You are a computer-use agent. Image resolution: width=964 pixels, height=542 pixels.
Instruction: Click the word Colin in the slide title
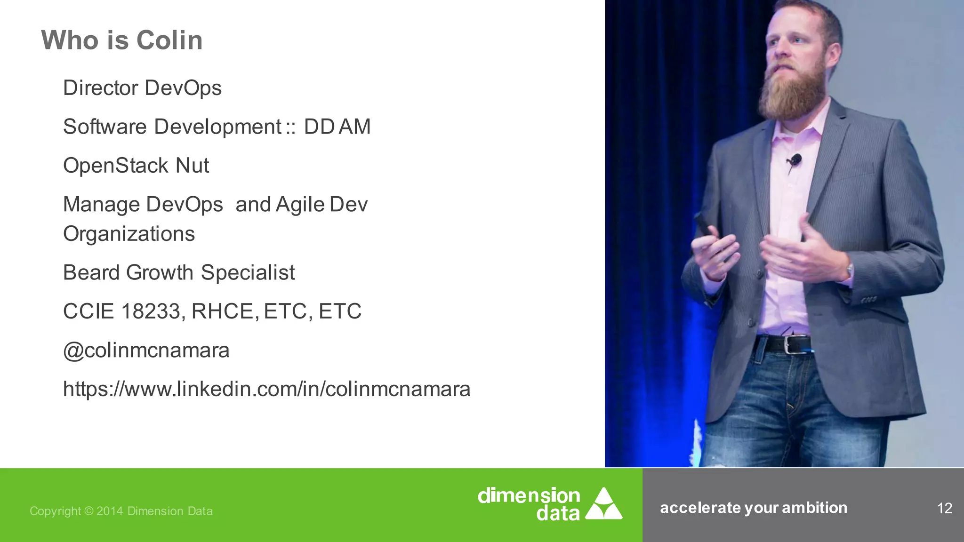pyautogui.click(x=169, y=40)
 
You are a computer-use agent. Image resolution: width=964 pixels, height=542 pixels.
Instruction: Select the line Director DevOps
pyautogui.click(x=142, y=88)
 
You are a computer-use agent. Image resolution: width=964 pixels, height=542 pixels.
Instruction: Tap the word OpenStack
pyautogui.click(x=116, y=166)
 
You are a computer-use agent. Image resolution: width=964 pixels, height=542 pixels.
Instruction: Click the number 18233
pyautogui.click(x=150, y=311)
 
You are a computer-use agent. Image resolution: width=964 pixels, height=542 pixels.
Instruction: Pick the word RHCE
pyautogui.click(x=225, y=311)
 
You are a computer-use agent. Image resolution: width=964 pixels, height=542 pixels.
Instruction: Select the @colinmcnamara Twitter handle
pyautogui.click(x=146, y=351)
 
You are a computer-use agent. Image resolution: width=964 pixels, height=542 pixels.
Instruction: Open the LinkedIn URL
pyautogui.click(x=266, y=389)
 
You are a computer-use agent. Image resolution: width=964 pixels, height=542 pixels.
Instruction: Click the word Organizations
pyautogui.click(x=129, y=234)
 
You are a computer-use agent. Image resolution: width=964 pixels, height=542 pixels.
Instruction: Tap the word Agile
pyautogui.click(x=300, y=205)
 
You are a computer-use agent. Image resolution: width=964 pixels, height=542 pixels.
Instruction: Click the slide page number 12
pyautogui.click(x=944, y=508)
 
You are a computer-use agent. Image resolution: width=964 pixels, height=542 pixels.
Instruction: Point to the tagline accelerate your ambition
pyautogui.click(x=753, y=508)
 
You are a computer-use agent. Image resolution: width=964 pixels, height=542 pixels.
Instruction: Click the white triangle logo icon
pyautogui.click(x=603, y=504)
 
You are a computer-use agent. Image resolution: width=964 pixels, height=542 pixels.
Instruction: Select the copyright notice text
pyautogui.click(x=121, y=511)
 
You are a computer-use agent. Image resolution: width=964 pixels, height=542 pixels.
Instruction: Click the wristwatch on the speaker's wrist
pyautogui.click(x=850, y=270)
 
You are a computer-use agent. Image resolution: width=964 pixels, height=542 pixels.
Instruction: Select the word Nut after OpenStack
pyautogui.click(x=192, y=166)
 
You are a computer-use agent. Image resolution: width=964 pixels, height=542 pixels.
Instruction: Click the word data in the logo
pyautogui.click(x=558, y=513)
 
